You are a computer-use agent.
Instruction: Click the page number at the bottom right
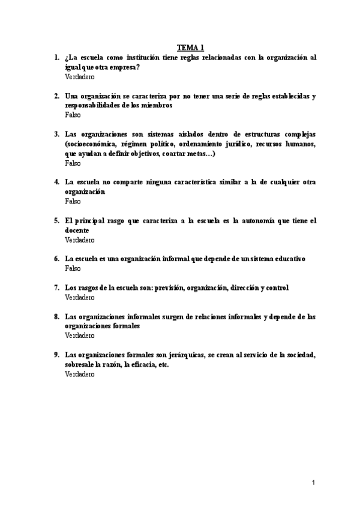pyautogui.click(x=313, y=482)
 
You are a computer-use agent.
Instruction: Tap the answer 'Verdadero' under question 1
pyautogui.click(x=80, y=77)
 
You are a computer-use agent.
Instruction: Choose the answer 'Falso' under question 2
pyautogui.click(x=73, y=115)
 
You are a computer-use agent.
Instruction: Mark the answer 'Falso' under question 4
pyautogui.click(x=73, y=201)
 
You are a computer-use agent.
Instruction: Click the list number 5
pyautogui.click(x=56, y=221)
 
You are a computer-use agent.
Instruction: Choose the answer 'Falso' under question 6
pyautogui.click(x=73, y=268)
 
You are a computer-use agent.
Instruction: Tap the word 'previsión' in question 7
pyautogui.click(x=169, y=288)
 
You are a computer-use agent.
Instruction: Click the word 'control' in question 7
pyautogui.click(x=276, y=288)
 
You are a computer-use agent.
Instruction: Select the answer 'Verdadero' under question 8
pyautogui.click(x=80, y=336)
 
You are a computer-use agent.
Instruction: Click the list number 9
pyautogui.click(x=56, y=355)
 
